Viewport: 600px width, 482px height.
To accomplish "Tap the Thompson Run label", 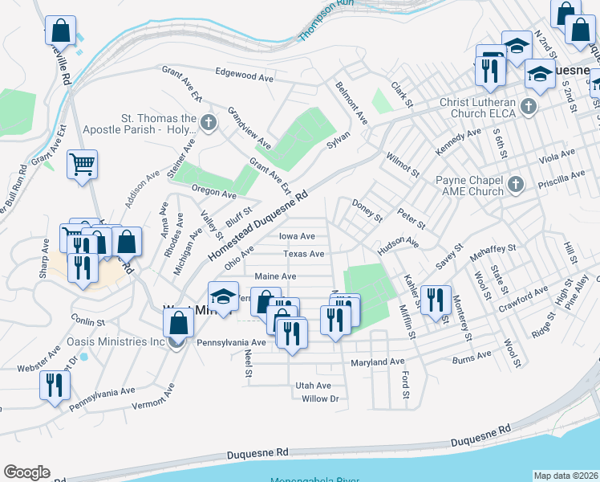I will coord(326,21).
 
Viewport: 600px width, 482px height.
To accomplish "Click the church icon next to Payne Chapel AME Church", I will coord(516,185).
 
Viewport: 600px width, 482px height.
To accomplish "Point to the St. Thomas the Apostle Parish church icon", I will coord(209,123).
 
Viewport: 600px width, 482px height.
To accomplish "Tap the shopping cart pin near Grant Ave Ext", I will coord(82,165).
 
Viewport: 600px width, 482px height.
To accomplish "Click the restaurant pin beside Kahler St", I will coord(436,300).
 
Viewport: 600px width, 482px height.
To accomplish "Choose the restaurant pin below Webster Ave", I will coord(55,385).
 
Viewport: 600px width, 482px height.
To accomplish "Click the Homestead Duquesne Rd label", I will coord(258,226).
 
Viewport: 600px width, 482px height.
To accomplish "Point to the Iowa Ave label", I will coord(296,236).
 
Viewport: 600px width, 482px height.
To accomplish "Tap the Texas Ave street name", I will coord(303,254).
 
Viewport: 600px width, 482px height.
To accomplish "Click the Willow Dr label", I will coord(320,398).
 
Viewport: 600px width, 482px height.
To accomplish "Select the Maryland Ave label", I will coord(377,362).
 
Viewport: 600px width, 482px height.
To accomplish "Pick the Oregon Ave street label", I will coord(213,194).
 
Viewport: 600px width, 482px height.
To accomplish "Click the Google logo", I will coord(26,472).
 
